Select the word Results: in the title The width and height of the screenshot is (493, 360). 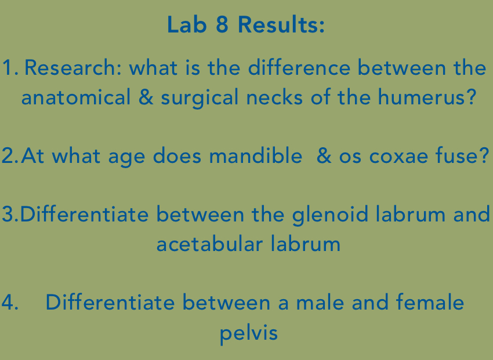click(281, 26)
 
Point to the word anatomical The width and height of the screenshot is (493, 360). click(77, 97)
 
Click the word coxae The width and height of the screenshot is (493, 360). click(399, 157)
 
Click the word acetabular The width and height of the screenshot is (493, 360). click(209, 244)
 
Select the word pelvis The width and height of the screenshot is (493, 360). click(249, 333)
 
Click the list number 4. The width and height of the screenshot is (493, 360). click(9, 303)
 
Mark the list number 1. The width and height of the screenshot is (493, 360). click(9, 68)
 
